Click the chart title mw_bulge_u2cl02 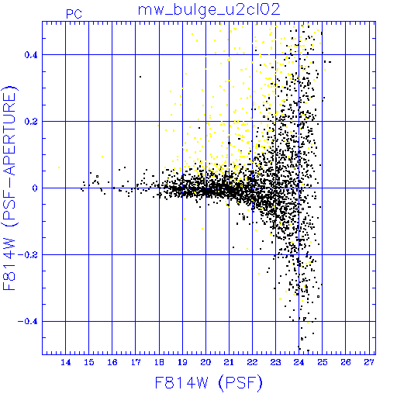(209, 10)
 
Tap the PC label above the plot (74, 14)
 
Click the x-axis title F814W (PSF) (209, 383)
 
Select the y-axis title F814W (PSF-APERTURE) (9, 188)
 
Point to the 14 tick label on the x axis (66, 362)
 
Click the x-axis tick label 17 (136, 362)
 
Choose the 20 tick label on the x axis (205, 362)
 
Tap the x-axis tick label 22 (252, 362)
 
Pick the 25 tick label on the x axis (323, 362)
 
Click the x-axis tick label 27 (369, 362)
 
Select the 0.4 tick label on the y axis (31, 55)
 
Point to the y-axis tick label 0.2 (31, 122)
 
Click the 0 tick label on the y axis (35, 188)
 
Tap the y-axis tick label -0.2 (28, 255)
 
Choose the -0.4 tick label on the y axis (28, 322)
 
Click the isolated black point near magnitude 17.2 (140, 77)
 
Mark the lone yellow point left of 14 (59, 167)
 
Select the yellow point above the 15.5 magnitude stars (102, 157)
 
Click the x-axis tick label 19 (182, 362)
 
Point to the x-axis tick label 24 (299, 362)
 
